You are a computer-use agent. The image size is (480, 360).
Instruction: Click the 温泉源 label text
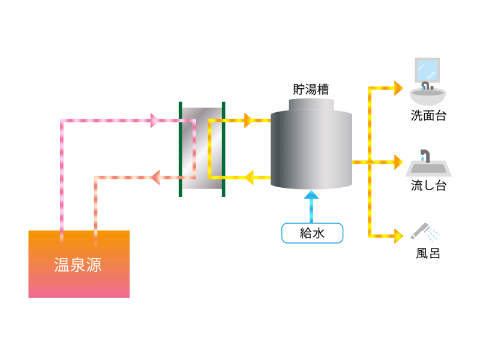(78, 265)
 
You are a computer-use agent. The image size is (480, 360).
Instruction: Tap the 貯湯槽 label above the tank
(311, 89)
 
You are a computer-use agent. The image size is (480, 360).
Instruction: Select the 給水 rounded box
(312, 233)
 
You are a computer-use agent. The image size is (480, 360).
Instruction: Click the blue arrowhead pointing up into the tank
(311, 194)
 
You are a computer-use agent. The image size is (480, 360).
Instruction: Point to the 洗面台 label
(428, 115)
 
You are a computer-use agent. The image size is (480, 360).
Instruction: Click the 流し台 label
(428, 185)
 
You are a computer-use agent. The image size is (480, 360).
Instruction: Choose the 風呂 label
(428, 253)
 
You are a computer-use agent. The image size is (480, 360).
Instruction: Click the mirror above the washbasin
(427, 70)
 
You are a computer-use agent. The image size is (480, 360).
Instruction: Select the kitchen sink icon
(428, 164)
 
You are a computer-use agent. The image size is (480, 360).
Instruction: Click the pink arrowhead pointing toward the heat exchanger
(155, 121)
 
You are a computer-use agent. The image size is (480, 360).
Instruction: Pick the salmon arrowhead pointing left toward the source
(156, 177)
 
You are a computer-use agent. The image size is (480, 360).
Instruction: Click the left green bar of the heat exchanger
(181, 149)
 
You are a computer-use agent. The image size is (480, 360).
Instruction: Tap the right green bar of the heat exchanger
(223, 149)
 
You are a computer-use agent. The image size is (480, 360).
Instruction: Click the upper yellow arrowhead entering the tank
(248, 121)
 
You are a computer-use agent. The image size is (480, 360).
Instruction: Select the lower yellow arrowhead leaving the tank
(250, 177)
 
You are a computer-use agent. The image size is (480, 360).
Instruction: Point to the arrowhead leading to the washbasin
(398, 88)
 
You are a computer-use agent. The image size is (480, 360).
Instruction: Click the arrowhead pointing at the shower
(398, 236)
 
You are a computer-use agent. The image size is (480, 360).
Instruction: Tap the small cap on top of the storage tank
(311, 104)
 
